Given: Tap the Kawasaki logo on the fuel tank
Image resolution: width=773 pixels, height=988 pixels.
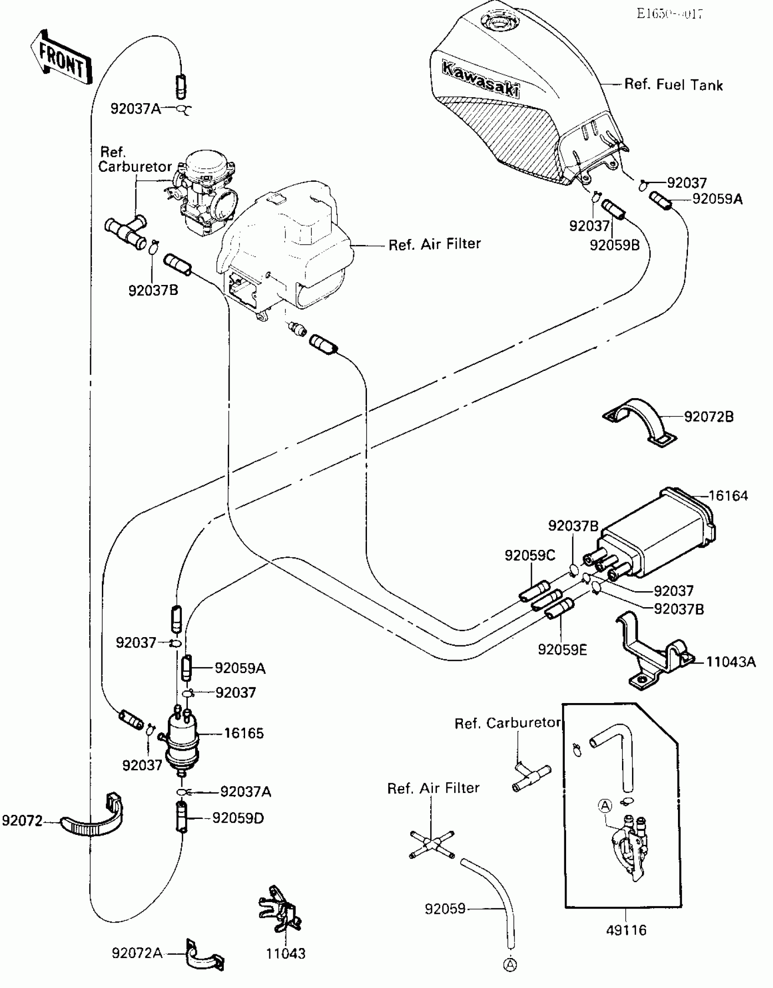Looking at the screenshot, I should click(480, 80).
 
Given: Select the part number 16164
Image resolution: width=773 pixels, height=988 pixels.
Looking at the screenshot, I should click(728, 496).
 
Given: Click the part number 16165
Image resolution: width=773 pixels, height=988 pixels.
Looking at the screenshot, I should click(244, 733).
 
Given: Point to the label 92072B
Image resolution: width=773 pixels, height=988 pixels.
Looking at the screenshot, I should click(709, 416).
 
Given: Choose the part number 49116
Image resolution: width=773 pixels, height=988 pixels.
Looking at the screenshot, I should click(626, 930).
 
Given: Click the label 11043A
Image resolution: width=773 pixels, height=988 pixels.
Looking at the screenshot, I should click(731, 662).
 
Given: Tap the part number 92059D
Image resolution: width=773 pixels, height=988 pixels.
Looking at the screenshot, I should click(238, 818).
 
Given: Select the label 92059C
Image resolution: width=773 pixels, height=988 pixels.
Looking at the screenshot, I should click(530, 555).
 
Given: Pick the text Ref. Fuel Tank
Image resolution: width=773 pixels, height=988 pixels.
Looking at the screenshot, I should click(673, 85).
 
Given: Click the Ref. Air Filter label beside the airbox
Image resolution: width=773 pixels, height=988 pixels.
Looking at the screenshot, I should click(434, 245).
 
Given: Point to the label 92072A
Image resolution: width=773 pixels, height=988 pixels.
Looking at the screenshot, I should click(137, 953).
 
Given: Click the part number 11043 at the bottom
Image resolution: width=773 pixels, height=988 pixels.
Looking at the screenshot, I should click(286, 953).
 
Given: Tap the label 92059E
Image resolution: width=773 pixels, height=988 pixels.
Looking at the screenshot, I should click(562, 649).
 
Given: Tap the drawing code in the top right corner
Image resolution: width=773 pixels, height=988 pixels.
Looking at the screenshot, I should click(669, 14).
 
